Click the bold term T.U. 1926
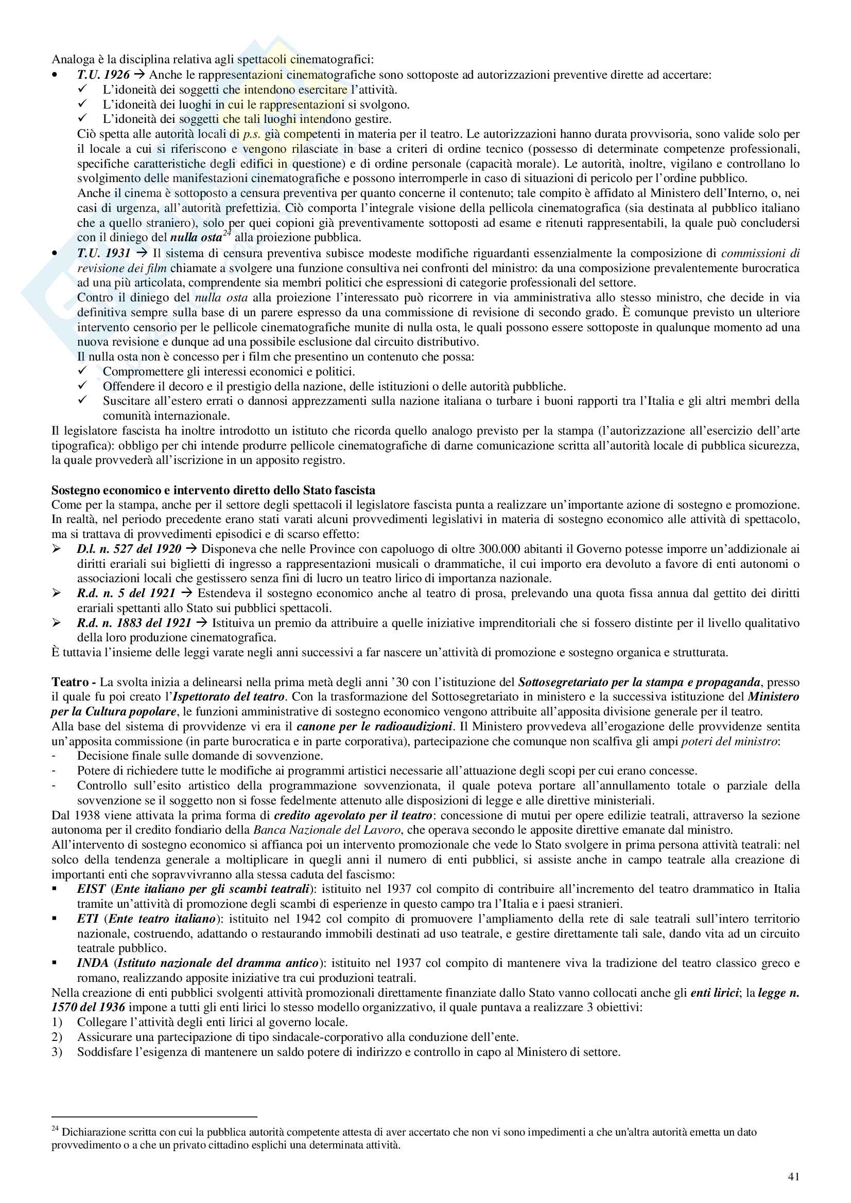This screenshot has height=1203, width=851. pos(103,75)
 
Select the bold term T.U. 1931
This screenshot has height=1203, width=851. pos(103,254)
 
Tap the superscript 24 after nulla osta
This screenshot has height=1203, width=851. pos(227,234)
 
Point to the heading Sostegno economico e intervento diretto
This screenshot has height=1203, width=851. pos(213,490)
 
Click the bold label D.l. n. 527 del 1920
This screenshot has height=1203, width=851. pos(129,549)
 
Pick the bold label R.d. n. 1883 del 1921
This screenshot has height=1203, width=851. pos(134,623)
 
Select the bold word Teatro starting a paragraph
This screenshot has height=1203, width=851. pos(70,682)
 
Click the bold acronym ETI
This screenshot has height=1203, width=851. pos(88,919)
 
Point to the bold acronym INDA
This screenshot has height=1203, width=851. pos(92,963)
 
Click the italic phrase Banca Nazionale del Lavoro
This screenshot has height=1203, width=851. pos(327,830)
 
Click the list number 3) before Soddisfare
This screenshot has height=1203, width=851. pos(57,1052)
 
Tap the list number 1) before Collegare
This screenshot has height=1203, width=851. pos(57,1022)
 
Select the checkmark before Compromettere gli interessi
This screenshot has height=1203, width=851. pos(82,371)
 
